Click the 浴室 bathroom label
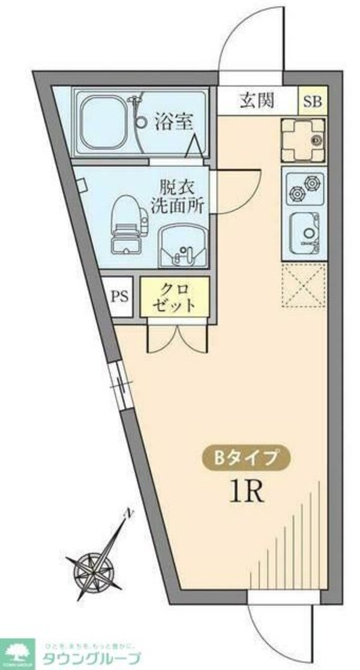coord(174,122)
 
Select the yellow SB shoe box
coord(312,101)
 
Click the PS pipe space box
coord(119,296)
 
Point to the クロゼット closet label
coord(175,296)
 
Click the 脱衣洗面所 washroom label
coord(181,196)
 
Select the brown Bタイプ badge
coord(246,458)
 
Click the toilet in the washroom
coord(128,222)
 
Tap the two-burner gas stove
coord(304,186)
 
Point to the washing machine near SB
coord(304,140)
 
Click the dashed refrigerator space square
coord(304,287)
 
